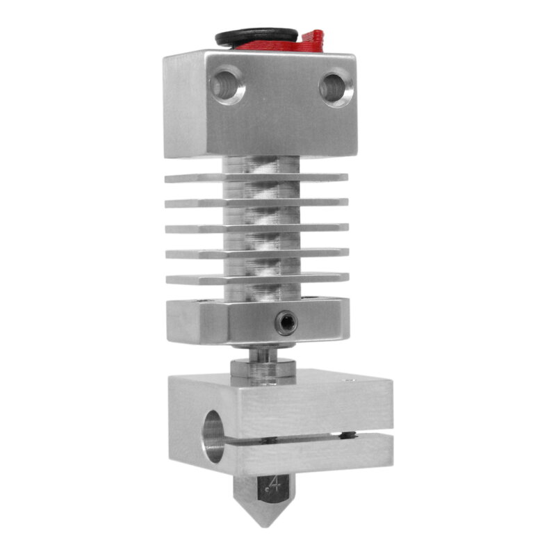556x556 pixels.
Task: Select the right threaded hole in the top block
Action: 335,88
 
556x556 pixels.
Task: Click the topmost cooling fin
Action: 188,178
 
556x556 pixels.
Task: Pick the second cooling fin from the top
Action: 188,203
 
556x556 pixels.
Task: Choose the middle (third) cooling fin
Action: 188,228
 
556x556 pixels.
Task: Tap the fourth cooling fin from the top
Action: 188,253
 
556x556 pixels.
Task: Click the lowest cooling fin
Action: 188,279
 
